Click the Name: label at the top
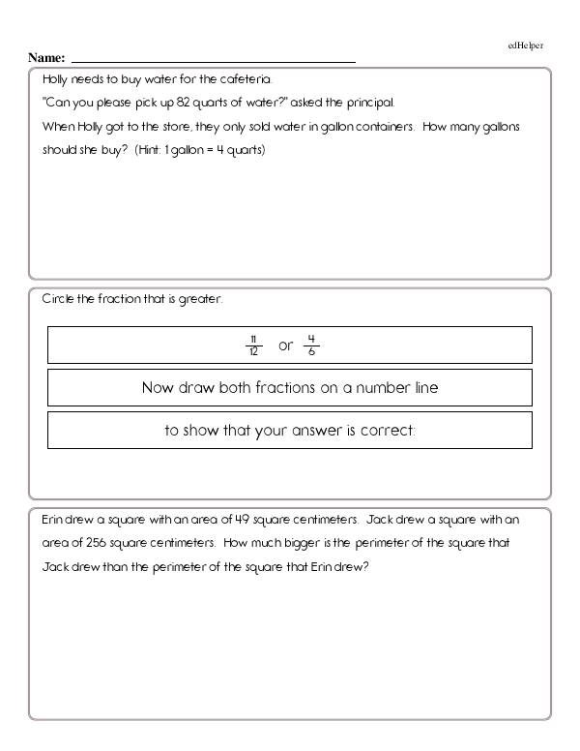click(x=46, y=58)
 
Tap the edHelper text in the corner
click(x=526, y=45)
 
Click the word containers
click(x=386, y=127)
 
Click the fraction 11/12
click(x=253, y=345)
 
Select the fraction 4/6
click(x=311, y=345)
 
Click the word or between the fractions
click(x=284, y=345)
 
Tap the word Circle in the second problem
click(x=57, y=299)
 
